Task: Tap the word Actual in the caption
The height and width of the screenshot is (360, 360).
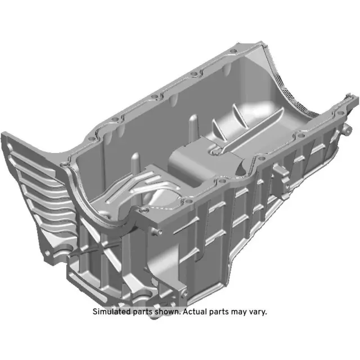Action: click(196, 312)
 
